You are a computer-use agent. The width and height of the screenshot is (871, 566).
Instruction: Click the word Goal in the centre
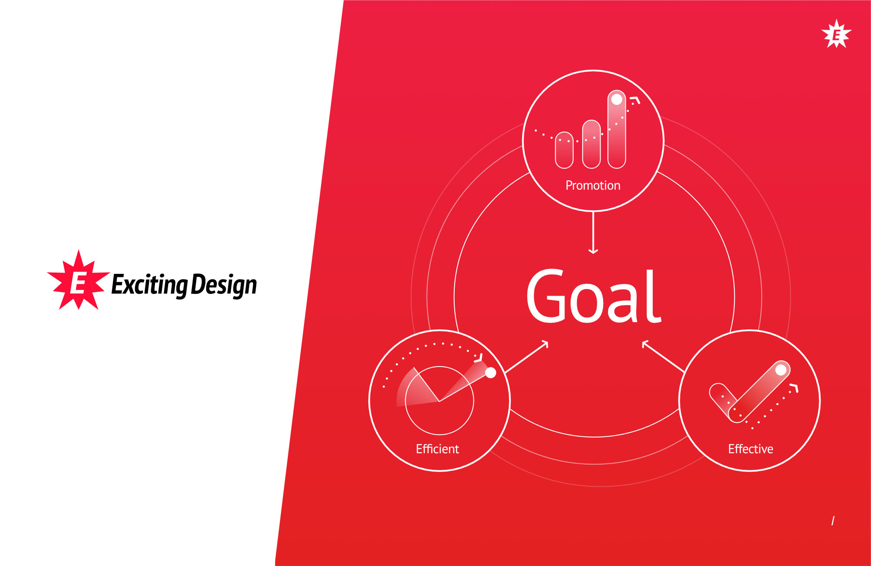594,296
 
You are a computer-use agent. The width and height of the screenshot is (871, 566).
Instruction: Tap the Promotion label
593,185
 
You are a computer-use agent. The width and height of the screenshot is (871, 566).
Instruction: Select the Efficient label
437,449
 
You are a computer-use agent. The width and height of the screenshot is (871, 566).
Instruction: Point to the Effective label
750,449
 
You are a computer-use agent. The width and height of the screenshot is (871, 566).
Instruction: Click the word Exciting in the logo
149,286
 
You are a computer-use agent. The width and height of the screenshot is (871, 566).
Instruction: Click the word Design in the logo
224,286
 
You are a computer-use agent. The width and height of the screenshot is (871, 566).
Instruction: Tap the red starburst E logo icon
78,280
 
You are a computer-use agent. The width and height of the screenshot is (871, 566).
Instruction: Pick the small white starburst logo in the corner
836,34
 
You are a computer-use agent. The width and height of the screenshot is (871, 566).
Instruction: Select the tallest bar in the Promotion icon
617,129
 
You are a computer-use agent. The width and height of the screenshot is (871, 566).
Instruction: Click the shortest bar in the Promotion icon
564,150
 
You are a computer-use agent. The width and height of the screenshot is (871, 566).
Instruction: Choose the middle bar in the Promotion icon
591,144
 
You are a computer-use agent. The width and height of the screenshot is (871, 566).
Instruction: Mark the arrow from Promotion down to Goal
593,232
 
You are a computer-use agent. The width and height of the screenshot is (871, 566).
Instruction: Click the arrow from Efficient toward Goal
526,357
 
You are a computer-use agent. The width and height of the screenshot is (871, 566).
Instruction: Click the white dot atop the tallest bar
617,100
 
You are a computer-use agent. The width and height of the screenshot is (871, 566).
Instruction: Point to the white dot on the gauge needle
491,373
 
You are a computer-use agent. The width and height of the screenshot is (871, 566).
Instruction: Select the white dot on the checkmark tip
781,370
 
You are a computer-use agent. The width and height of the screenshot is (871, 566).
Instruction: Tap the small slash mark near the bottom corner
833,521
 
